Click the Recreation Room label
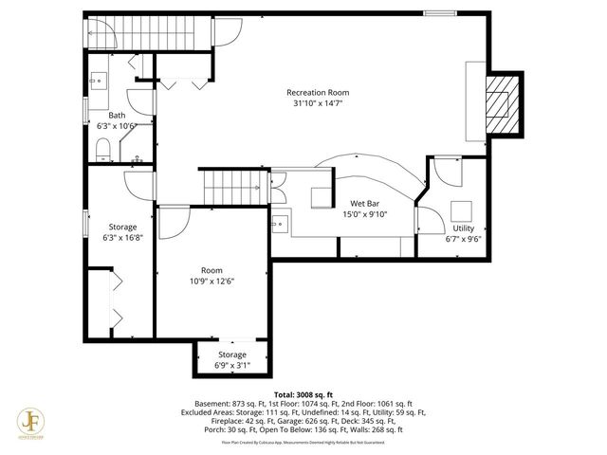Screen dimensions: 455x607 [x=318, y=92]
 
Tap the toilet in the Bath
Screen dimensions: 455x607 [x=105, y=150]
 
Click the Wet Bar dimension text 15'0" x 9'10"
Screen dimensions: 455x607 [x=365, y=214]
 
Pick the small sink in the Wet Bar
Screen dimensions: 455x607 [x=281, y=226]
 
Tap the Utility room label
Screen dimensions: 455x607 [x=463, y=228]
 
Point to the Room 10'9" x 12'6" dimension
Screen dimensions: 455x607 [x=211, y=281]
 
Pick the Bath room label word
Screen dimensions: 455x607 [x=117, y=115]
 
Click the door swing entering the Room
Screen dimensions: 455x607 [x=173, y=222]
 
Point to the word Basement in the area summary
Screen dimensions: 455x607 [x=213, y=403]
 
